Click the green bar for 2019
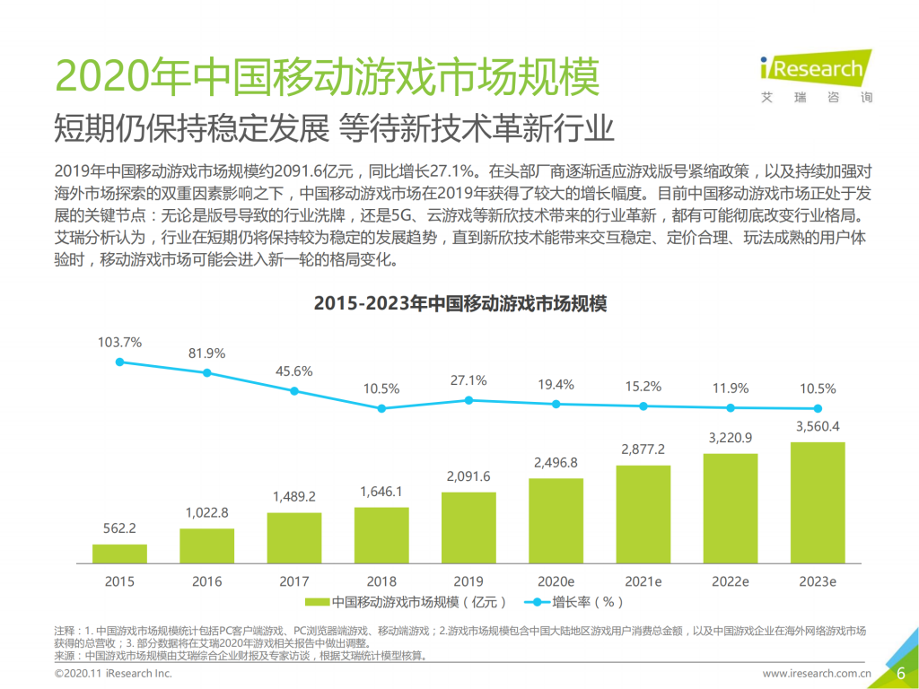point(468,528)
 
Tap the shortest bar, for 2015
point(119,553)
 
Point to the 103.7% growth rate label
point(119,342)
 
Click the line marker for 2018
point(381,408)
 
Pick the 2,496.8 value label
point(556,463)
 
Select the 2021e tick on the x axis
point(643,581)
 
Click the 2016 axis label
point(206,581)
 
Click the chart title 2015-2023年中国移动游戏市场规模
point(459,304)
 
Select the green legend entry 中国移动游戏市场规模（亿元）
point(407,602)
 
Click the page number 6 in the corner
point(900,674)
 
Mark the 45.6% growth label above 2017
point(294,371)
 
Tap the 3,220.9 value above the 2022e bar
point(730,439)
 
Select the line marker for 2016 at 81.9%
point(206,372)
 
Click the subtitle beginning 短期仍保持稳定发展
point(334,127)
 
